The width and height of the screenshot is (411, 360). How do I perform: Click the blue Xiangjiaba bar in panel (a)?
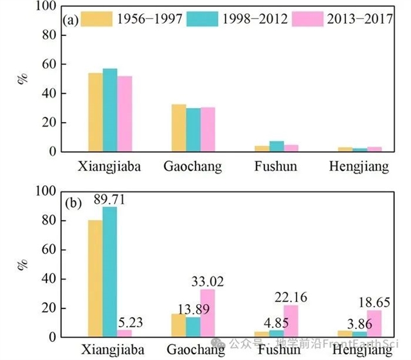[x=110, y=110]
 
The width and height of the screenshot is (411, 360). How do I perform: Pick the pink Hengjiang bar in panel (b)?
[x=374, y=323]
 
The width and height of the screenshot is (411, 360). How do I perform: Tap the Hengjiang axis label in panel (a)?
[x=359, y=167]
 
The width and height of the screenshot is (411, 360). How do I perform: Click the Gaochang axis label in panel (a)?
[x=192, y=167]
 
